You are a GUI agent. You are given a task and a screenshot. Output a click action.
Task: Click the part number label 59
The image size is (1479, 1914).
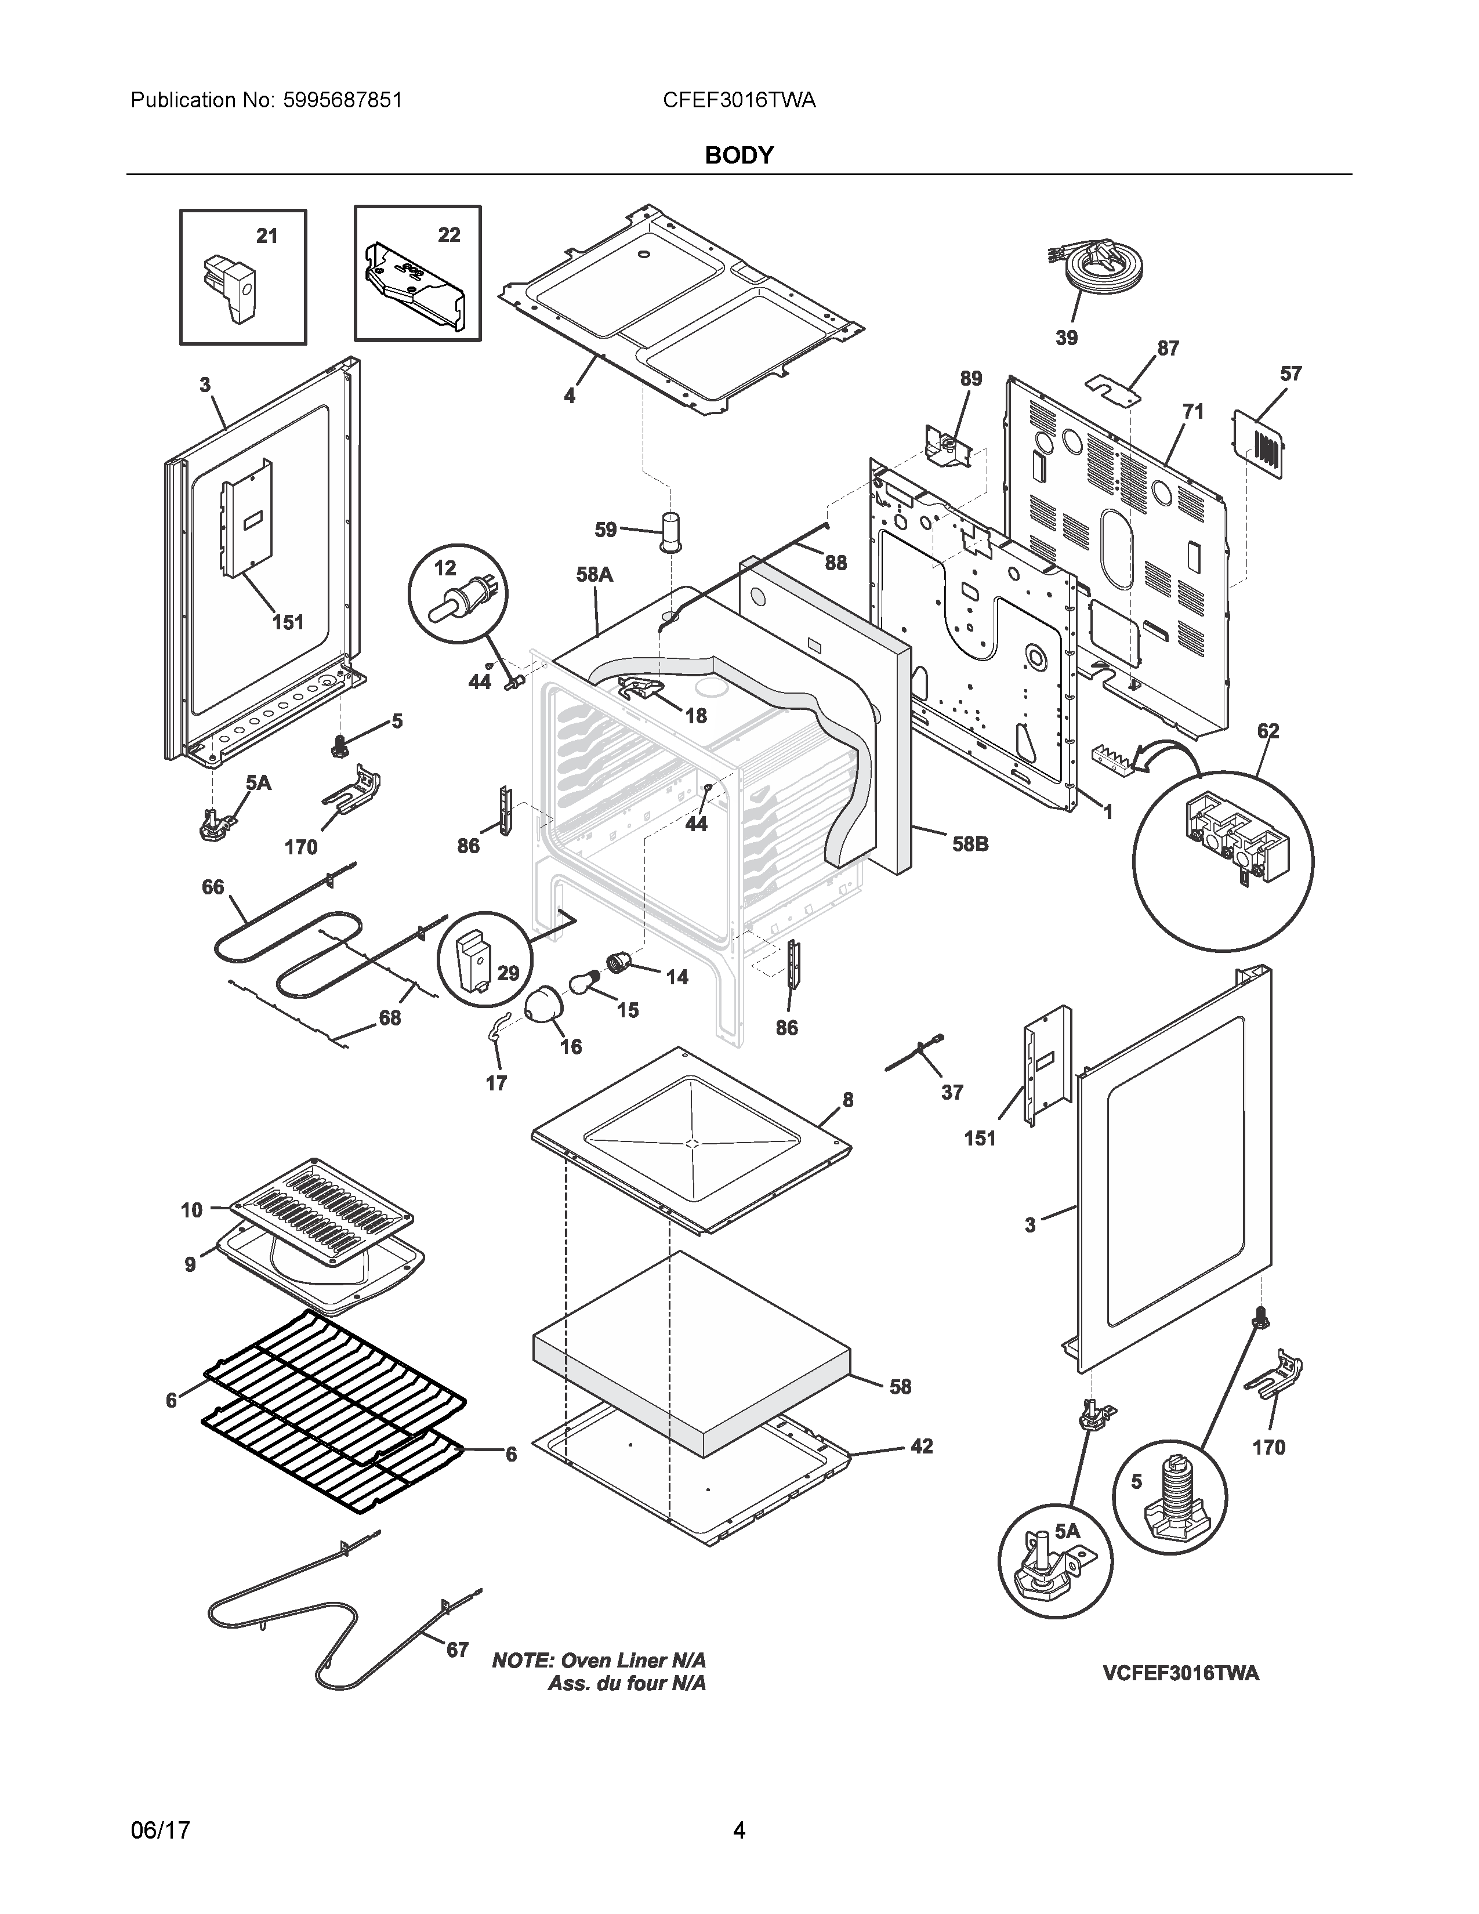[606, 530]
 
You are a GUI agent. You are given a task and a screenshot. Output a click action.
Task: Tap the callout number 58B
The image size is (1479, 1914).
[970, 844]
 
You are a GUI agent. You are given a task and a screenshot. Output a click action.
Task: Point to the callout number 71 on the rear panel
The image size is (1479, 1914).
[1192, 411]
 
